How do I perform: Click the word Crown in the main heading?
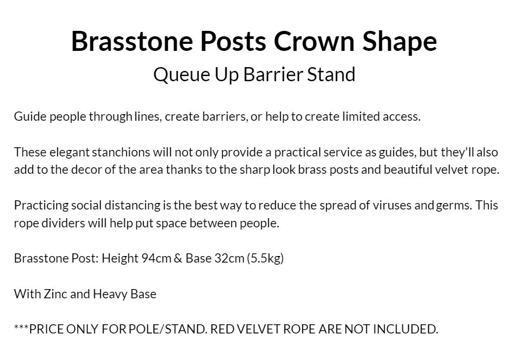(x=314, y=41)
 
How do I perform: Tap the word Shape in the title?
(x=400, y=42)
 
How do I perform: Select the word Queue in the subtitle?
(x=181, y=74)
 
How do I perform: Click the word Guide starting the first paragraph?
(x=30, y=116)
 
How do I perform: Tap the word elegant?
(x=69, y=152)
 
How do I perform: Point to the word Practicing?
(x=41, y=205)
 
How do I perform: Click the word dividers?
(x=63, y=223)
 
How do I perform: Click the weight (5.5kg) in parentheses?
(x=265, y=258)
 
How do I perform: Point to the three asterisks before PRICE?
(x=21, y=327)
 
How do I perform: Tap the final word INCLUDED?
(x=406, y=329)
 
